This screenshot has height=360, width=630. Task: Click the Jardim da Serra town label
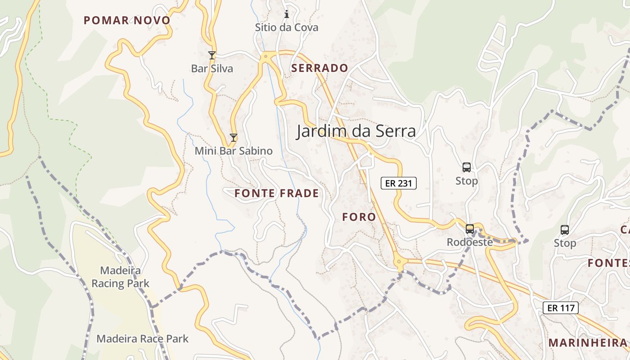355,131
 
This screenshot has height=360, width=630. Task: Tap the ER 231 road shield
399,183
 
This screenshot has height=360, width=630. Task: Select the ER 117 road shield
560,308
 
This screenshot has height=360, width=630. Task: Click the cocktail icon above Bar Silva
212,55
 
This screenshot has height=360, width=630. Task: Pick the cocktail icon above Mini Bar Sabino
233,138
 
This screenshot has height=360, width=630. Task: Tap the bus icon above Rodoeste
470,229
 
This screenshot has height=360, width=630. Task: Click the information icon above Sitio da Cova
287,14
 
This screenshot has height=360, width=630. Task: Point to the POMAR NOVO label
127,20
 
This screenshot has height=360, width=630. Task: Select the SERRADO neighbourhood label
319,68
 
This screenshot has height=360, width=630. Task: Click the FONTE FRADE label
276,193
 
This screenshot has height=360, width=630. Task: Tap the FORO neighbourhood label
359,217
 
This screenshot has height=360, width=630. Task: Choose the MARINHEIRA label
588,342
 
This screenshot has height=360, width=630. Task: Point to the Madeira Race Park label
143,339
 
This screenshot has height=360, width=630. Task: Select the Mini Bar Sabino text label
234,151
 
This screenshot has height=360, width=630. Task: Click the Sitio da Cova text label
287,27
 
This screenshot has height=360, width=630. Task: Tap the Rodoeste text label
470,242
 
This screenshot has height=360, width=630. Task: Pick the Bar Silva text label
212,68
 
